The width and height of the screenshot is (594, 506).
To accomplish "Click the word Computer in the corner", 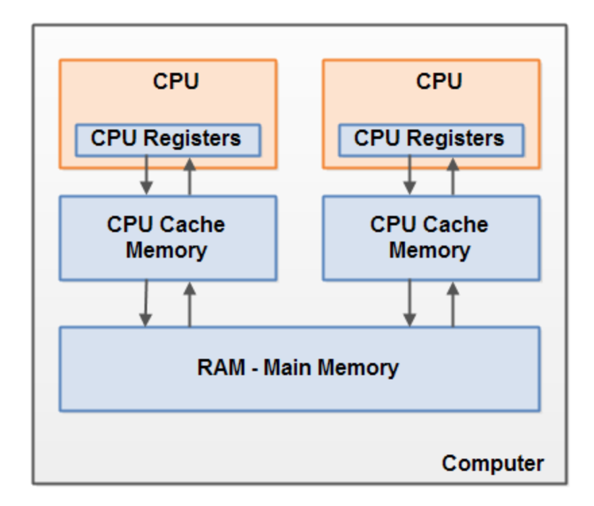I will tap(493, 463).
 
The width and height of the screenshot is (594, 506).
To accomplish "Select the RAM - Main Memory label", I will tap(298, 368).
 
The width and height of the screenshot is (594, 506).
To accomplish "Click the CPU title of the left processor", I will tap(175, 82).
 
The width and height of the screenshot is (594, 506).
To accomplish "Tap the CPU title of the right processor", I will tap(439, 82).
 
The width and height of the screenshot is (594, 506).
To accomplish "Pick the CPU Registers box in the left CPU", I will tap(167, 139).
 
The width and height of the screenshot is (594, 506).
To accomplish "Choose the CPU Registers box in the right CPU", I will tap(430, 139).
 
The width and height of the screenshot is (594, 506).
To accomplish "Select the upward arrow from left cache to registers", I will tap(190, 176).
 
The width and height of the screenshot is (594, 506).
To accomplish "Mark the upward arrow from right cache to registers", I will tap(453, 176).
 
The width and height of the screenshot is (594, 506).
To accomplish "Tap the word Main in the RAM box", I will tap(288, 368).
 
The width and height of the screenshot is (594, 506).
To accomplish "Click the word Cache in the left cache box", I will tap(195, 225).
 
